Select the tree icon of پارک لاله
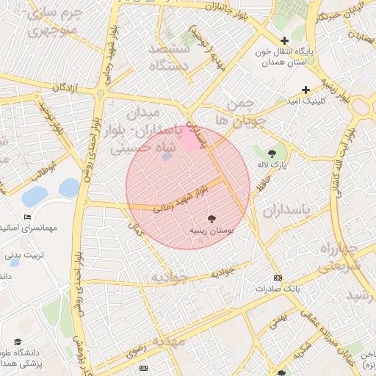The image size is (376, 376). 272,153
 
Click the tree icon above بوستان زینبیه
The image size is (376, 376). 211,219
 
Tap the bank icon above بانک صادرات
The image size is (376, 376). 277,278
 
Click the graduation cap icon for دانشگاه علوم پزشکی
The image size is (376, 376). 18,341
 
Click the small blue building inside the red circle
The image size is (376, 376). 166,156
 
